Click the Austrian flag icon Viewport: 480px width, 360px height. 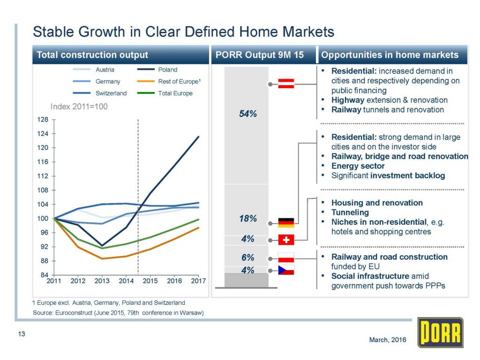(x=286, y=84)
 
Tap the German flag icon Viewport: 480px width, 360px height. (x=286, y=223)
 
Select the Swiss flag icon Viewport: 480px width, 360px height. (x=286, y=240)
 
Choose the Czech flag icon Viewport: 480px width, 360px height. (x=286, y=270)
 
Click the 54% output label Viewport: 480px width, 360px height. (x=247, y=114)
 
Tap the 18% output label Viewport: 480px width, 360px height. (x=247, y=219)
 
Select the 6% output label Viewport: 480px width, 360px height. (x=247, y=257)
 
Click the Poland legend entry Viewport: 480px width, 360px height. (x=167, y=70)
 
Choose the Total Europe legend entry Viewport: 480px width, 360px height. (x=175, y=93)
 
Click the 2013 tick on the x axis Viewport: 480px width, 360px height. (x=102, y=281)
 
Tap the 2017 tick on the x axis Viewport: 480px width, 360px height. (x=198, y=281)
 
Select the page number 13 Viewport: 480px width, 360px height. (x=21, y=334)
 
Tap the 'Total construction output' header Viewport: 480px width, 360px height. (x=92, y=55)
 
